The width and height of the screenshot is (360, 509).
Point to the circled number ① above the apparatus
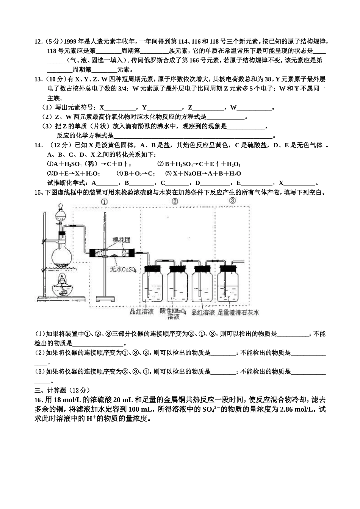pos(104,202)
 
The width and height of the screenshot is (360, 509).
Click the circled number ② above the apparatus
pos(174,201)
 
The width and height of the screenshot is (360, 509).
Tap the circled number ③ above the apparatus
pos(232,201)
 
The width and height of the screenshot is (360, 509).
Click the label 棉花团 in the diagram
pos(121,240)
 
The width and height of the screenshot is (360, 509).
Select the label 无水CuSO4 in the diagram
pos(123,269)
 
